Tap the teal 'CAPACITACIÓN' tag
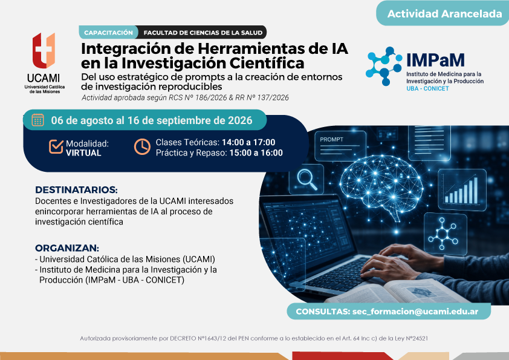108,33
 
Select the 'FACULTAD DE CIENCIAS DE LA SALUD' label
203,33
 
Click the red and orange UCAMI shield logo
44,50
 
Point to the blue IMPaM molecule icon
384,67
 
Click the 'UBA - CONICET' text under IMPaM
427,88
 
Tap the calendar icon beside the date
37,120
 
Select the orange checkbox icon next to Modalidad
56,146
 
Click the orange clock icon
142,146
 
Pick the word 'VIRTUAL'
83,153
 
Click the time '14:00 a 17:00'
248,142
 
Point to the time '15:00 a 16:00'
256,152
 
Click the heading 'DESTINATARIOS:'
76,190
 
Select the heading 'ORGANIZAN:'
67,248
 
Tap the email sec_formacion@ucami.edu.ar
415,311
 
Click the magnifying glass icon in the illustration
306,180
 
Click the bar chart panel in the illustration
462,190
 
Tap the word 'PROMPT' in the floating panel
331,139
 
